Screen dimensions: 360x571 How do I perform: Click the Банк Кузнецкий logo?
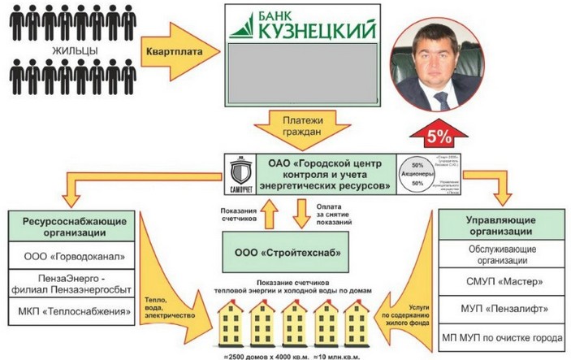[303, 25]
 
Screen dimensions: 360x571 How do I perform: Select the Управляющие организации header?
[500, 226]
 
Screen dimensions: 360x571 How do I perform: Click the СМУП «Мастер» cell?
[500, 282]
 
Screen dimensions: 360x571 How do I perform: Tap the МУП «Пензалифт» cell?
[500, 310]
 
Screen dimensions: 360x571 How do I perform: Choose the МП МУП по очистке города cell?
[500, 337]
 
